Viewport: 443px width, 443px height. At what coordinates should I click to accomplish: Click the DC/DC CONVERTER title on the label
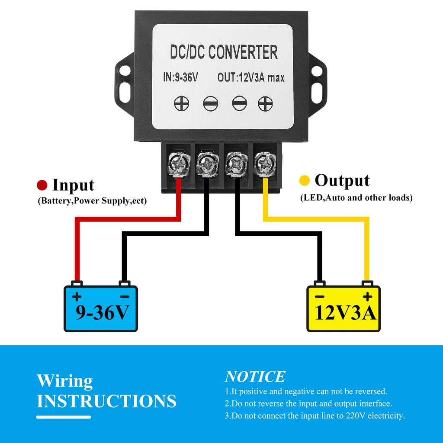coord(223,52)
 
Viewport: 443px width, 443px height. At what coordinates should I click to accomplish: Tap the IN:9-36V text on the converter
coord(181,78)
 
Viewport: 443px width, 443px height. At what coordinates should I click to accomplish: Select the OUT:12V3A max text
coord(250,78)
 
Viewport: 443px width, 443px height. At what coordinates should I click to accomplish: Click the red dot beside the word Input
coord(42,185)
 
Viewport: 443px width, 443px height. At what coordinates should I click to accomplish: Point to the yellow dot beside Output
coord(305,180)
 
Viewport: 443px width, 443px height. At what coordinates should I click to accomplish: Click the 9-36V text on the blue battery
coord(102,312)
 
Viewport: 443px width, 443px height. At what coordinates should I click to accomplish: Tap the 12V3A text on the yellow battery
coord(346,312)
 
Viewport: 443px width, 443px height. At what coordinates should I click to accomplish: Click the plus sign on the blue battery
coord(77,297)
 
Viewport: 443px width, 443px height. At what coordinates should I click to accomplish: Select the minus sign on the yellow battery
coord(320,297)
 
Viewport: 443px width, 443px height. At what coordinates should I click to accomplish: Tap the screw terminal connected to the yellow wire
coord(264,164)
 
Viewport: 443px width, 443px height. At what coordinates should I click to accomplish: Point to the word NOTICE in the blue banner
coord(255,377)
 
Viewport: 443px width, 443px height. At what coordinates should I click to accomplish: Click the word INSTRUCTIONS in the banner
coord(106,401)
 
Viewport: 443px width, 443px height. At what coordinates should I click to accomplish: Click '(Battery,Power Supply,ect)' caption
coord(92,201)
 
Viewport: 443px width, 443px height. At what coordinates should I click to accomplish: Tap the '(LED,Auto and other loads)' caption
coord(356,198)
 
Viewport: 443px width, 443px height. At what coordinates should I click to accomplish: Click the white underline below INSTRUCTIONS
coord(64,417)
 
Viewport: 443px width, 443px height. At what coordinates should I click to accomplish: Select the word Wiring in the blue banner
coord(64,381)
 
